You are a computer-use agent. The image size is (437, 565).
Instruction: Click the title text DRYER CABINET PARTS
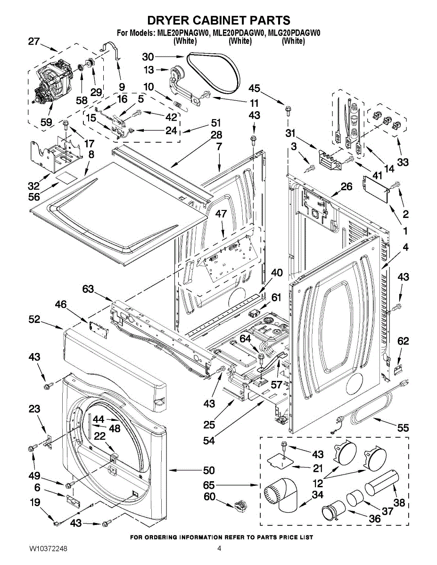coord(218,20)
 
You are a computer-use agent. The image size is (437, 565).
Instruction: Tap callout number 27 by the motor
coord(34,41)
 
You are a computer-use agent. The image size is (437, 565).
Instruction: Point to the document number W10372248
coord(48,549)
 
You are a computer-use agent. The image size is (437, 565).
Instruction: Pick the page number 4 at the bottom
coord(219,549)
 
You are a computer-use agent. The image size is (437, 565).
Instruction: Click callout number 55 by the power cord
coord(403,428)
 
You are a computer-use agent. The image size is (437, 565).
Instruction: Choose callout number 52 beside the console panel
coord(34,319)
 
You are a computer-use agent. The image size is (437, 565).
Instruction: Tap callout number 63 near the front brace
coord(88,289)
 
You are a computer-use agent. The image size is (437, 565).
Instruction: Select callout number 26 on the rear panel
coord(346,187)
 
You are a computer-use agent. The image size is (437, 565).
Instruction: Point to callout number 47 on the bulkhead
coord(222,214)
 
